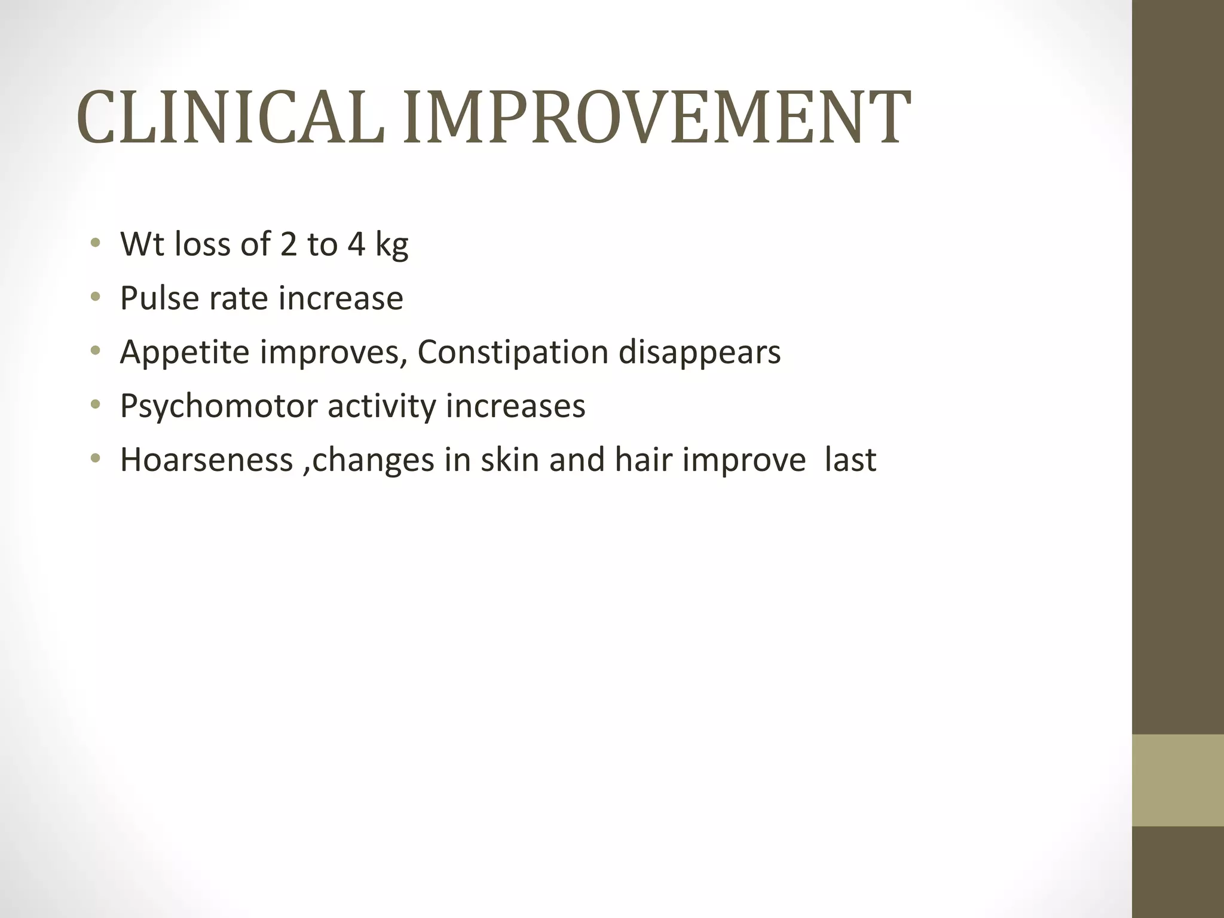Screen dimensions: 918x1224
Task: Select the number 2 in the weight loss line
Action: pos(288,244)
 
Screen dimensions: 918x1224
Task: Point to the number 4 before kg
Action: pos(356,244)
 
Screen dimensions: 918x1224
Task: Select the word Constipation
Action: pos(512,353)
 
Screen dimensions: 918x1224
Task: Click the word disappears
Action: pos(699,353)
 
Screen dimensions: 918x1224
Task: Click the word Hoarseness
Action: pos(206,460)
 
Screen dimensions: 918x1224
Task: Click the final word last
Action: pos(850,460)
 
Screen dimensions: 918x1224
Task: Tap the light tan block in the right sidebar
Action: pos(1177,780)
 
